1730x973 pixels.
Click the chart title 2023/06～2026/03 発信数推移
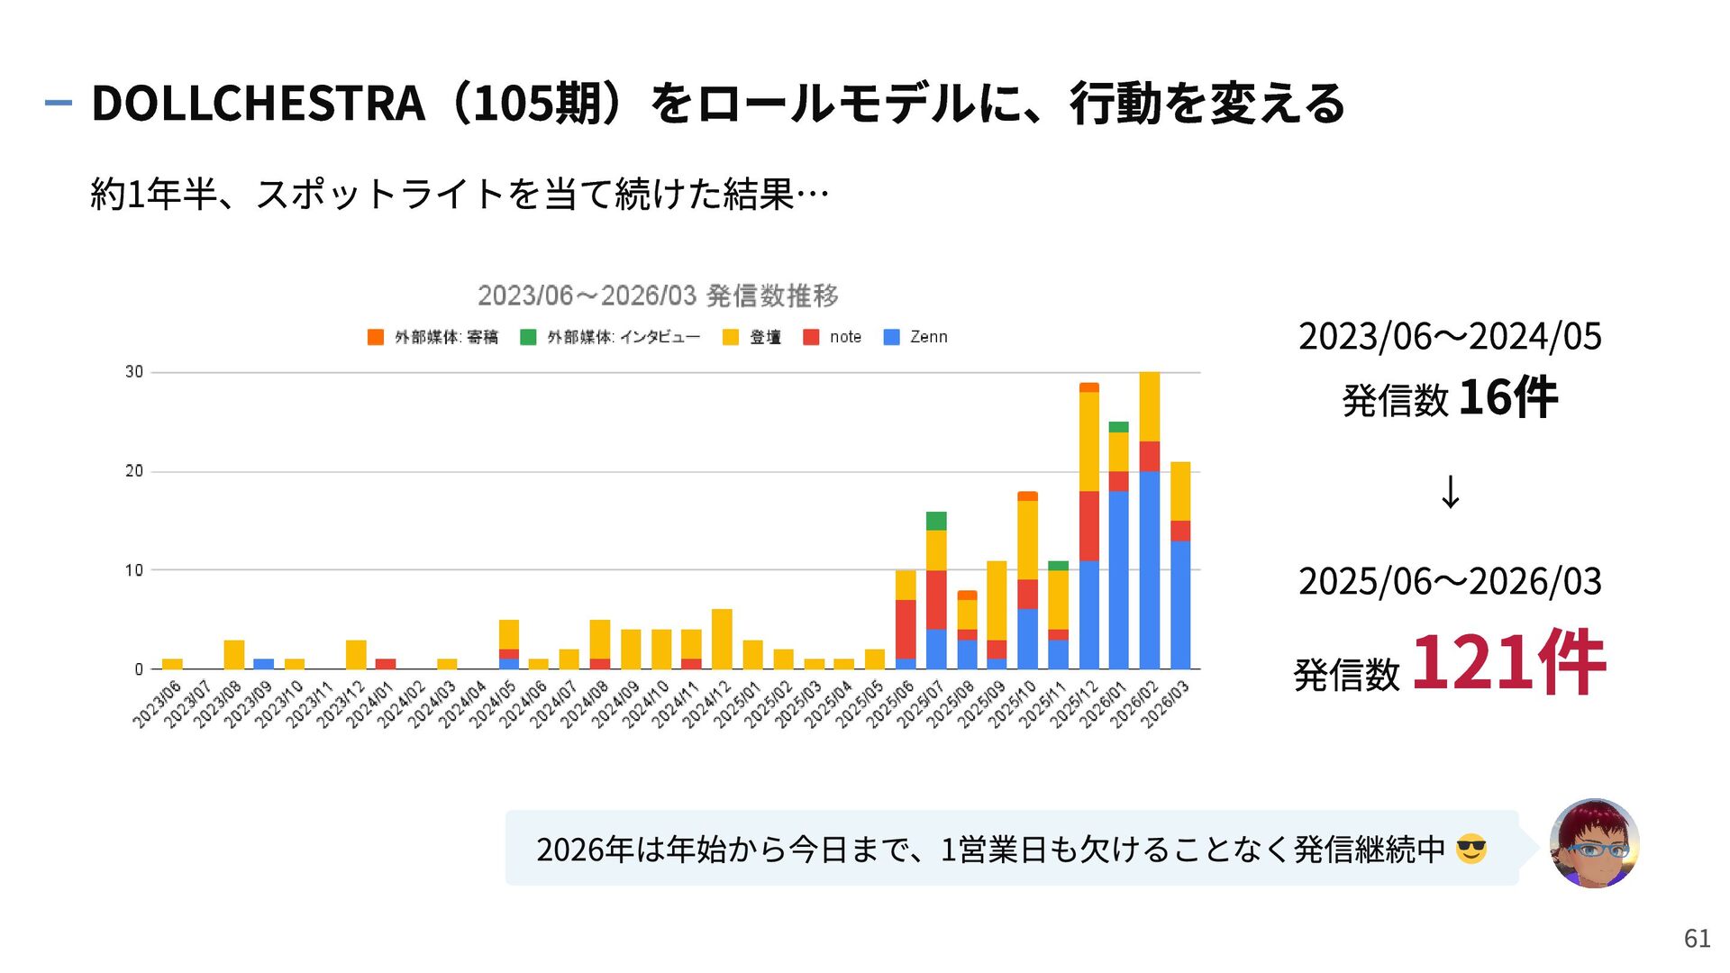click(658, 296)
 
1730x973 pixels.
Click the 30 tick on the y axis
click(134, 372)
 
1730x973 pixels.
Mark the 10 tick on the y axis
click(134, 570)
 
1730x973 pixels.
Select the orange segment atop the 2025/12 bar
click(1089, 387)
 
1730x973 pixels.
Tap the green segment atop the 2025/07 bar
click(936, 521)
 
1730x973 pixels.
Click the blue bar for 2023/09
click(264, 664)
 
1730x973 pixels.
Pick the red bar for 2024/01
click(386, 664)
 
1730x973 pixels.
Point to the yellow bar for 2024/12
click(722, 639)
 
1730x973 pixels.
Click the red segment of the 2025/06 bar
click(906, 629)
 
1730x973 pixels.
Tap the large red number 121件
click(1508, 663)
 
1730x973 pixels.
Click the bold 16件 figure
click(1507, 397)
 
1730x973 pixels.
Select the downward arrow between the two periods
click(1450, 492)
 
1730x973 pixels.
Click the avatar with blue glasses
click(1594, 843)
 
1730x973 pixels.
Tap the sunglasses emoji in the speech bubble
click(1471, 849)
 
